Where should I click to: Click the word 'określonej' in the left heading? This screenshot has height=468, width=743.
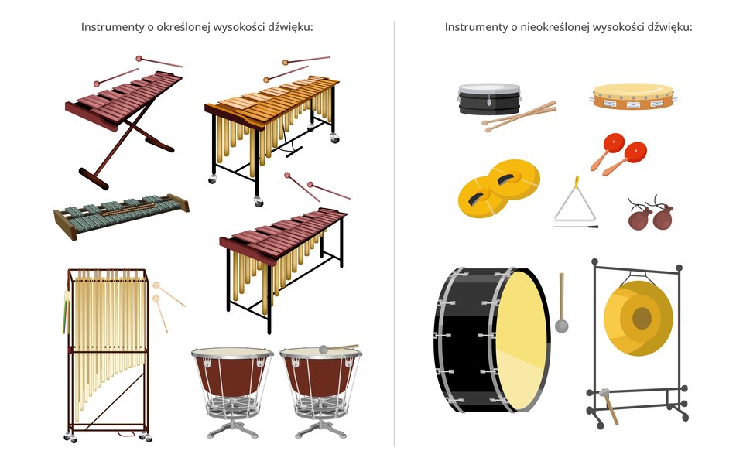click(x=183, y=27)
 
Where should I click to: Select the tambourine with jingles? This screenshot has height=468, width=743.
click(x=634, y=96)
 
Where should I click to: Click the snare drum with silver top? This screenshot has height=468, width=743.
click(x=489, y=99)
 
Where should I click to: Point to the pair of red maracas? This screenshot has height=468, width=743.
click(x=618, y=153)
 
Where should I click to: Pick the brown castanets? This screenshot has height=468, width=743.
click(x=650, y=214)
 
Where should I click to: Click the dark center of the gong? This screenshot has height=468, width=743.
click(x=642, y=318)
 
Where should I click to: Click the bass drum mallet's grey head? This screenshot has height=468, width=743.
click(x=562, y=326)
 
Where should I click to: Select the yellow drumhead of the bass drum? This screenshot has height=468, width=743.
click(x=521, y=340)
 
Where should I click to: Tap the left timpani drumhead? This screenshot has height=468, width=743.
click(x=232, y=353)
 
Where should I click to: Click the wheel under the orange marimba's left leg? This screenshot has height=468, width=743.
click(x=212, y=179)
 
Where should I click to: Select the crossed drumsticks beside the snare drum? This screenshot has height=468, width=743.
click(x=519, y=117)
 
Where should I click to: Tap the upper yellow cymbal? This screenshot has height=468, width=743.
click(x=514, y=179)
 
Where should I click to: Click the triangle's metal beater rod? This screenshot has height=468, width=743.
click(x=576, y=227)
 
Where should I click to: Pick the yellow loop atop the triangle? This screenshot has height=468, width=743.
click(x=577, y=182)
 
